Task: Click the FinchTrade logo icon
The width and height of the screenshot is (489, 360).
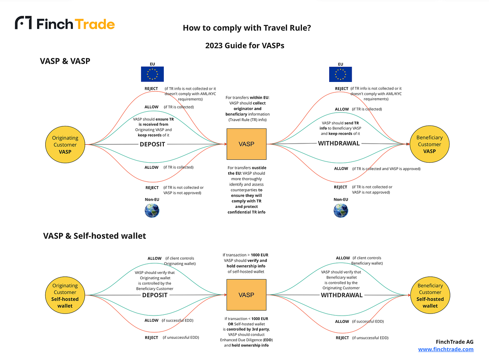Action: [x=23, y=22]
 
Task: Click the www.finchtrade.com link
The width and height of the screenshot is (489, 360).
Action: [x=446, y=349]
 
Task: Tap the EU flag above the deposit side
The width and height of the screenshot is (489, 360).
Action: [x=152, y=74]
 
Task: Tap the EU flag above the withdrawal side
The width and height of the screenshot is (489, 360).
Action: [x=340, y=74]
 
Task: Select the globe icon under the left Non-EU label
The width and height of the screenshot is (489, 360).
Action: [x=152, y=211]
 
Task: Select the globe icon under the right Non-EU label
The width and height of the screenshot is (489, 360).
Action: [x=341, y=211]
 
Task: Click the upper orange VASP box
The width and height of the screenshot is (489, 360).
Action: [x=247, y=144]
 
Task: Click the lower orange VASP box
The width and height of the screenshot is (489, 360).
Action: [x=247, y=295]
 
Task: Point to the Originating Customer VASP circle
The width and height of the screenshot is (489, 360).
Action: [x=65, y=144]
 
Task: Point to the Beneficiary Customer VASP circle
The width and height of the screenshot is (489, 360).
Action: [x=430, y=144]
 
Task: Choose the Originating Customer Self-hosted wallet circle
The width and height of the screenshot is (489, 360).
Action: [x=65, y=295]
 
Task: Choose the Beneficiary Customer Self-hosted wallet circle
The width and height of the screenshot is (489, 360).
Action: [x=430, y=295]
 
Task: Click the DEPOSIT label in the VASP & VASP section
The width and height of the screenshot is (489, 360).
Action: [x=152, y=144]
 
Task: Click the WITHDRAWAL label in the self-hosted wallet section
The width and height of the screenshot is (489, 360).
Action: [x=341, y=295]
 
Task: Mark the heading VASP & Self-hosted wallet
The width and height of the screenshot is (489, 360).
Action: [x=95, y=236]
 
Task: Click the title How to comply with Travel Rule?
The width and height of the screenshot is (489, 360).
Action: [x=247, y=28]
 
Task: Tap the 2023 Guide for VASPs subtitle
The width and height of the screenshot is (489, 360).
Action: [x=245, y=45]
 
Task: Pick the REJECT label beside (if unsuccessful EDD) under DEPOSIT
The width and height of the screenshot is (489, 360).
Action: [x=151, y=338]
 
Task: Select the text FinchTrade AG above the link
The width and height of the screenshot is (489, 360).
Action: [x=454, y=342]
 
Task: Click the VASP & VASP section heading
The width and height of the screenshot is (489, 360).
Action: [x=65, y=61]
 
